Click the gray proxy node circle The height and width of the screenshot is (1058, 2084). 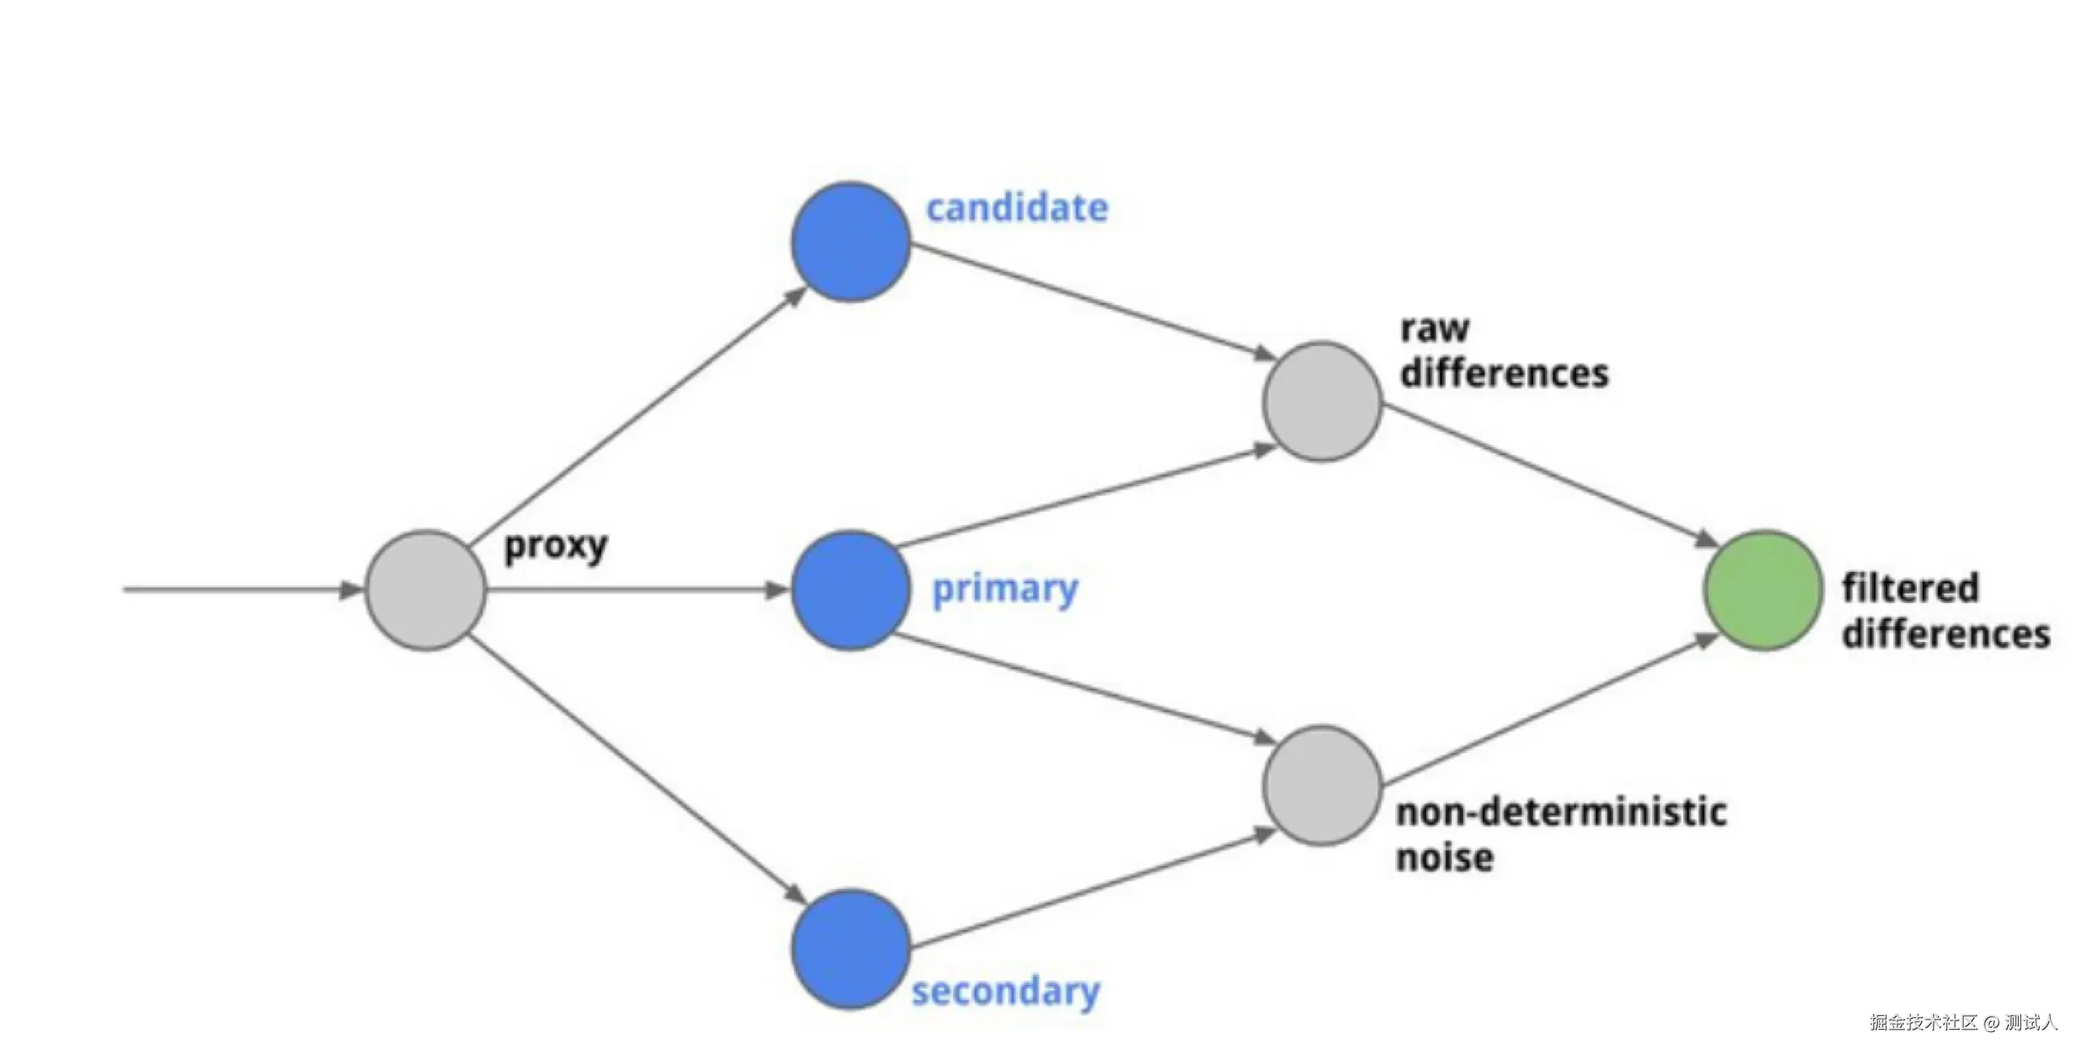coord(425,590)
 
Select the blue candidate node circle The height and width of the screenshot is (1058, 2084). coord(850,242)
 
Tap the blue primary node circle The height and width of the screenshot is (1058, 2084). coord(850,590)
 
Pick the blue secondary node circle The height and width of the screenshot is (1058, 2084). coord(850,949)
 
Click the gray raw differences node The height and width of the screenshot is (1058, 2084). coord(1322,401)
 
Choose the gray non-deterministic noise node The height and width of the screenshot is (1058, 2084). coord(1322,784)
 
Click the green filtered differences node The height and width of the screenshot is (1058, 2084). coord(1763,590)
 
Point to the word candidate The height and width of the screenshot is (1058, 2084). coord(1017,208)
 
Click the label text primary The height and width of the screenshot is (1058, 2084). coord(1005,590)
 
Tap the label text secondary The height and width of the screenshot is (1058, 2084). coord(1006,991)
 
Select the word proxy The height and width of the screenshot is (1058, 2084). coord(556,547)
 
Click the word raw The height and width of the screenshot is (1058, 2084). coord(1434,329)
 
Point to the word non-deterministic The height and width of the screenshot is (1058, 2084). coord(1562,812)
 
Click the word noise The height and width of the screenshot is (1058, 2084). coord(1445,858)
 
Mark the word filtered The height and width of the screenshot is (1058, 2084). coord(1910,588)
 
